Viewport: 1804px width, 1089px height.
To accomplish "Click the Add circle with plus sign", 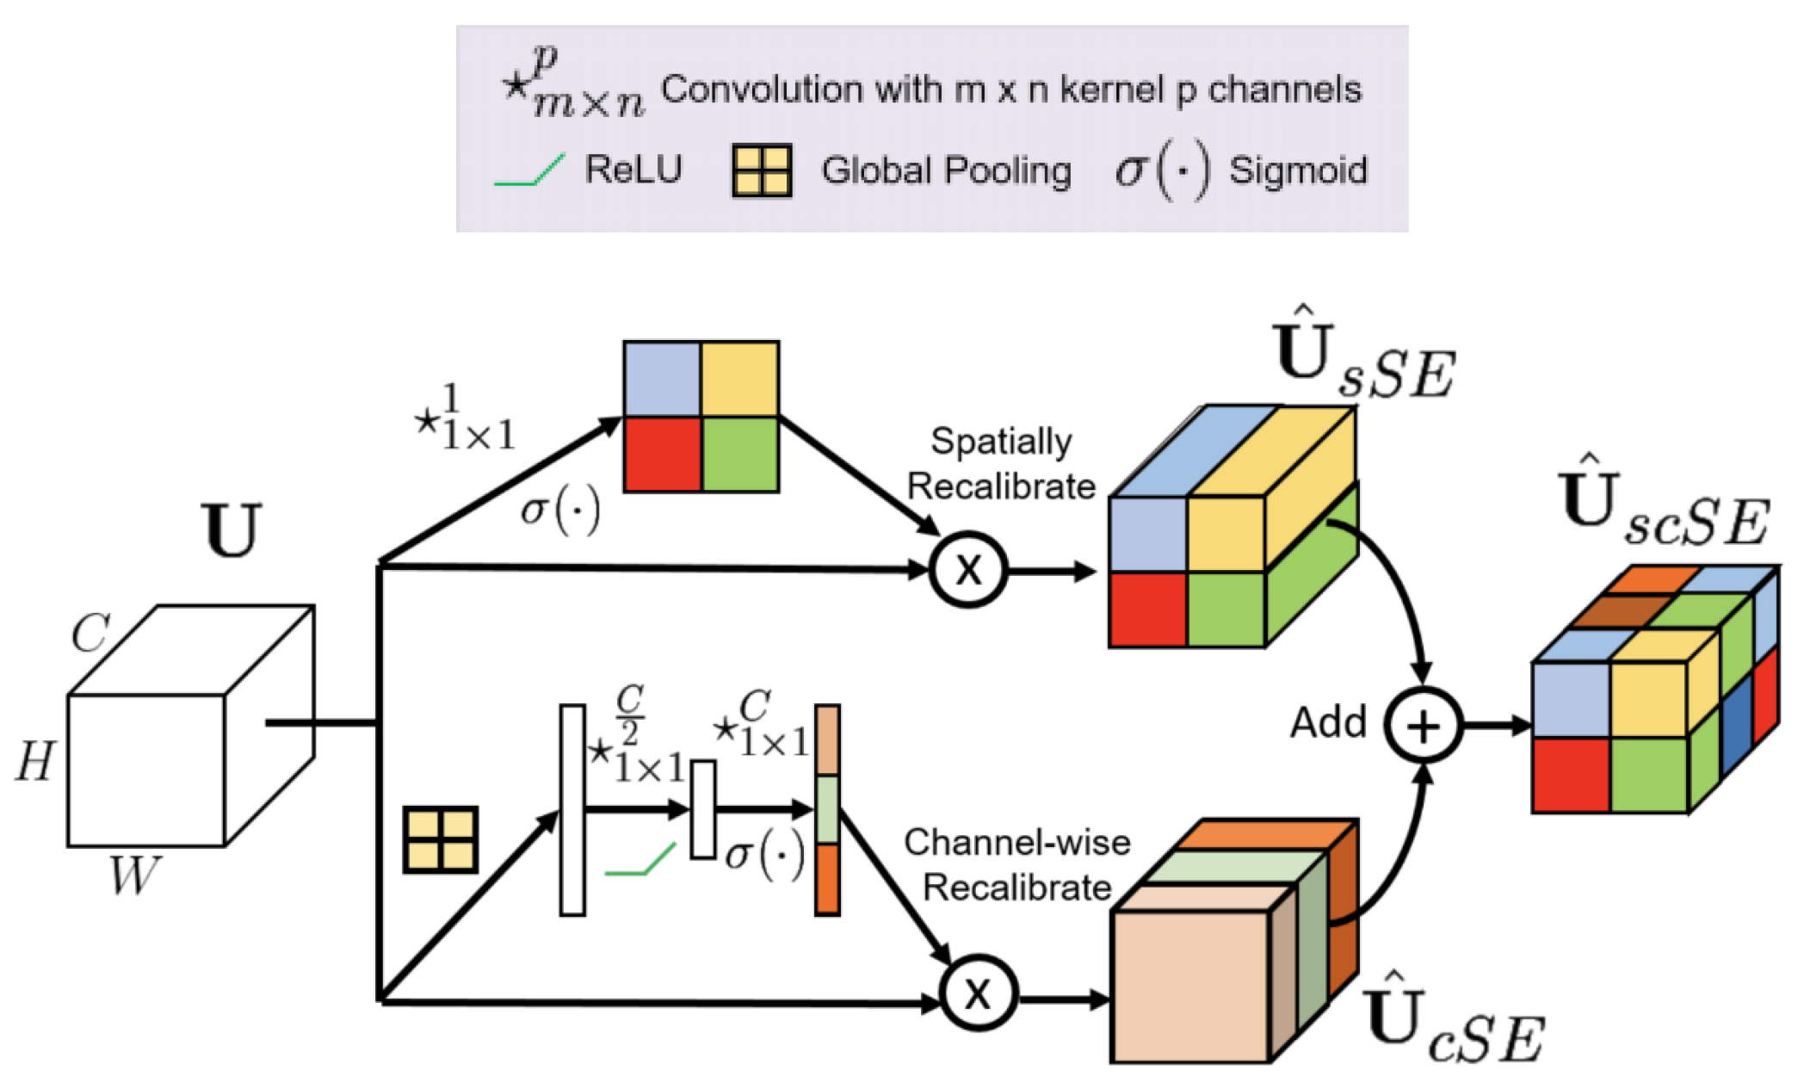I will click(1424, 725).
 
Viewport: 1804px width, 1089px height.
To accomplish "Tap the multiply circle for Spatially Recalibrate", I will click(968, 570).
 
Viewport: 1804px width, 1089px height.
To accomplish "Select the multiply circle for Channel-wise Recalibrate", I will click(978, 993).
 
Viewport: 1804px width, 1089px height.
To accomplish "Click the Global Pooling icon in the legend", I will click(761, 171).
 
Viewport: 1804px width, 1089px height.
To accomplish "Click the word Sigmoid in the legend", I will click(1298, 170).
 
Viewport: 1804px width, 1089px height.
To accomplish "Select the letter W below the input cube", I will click(134, 875).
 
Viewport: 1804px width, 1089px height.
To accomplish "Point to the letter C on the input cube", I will click(90, 634).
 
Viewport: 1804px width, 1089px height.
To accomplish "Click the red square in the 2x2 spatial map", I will click(662, 455).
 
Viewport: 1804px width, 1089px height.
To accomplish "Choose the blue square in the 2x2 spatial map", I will click(662, 379).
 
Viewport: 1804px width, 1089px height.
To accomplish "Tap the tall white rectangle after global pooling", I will click(572, 810).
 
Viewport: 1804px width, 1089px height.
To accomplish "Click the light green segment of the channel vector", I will click(827, 809).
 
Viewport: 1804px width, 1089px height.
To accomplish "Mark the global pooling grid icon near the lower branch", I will click(441, 839).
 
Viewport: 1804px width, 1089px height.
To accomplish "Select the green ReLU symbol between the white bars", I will click(640, 861).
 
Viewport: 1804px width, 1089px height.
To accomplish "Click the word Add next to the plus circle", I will click(1328, 723).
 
